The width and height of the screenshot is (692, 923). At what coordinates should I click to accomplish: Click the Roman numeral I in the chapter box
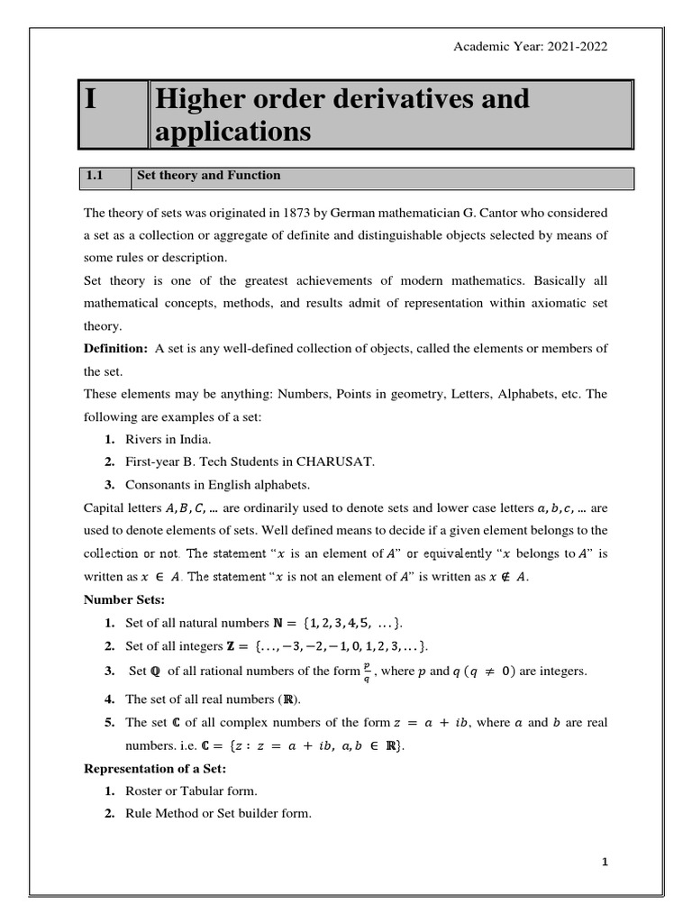pyautogui.click(x=91, y=100)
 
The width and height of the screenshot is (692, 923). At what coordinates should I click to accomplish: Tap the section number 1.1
pyautogui.click(x=96, y=176)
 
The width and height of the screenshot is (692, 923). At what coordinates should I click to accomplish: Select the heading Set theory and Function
pyautogui.click(x=208, y=176)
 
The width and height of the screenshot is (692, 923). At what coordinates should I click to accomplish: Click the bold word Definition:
pyautogui.click(x=115, y=349)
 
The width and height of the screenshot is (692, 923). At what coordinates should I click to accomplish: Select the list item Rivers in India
pyautogui.click(x=168, y=439)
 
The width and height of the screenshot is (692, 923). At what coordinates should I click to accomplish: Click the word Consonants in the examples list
pyautogui.click(x=158, y=484)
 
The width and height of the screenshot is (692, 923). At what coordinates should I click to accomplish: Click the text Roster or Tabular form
pyautogui.click(x=191, y=790)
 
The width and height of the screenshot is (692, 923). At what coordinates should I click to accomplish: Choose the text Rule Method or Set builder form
pyautogui.click(x=218, y=813)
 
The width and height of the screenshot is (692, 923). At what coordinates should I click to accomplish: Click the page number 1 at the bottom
pyautogui.click(x=605, y=862)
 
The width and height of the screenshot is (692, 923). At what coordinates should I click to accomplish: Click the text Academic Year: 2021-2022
pyautogui.click(x=530, y=48)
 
